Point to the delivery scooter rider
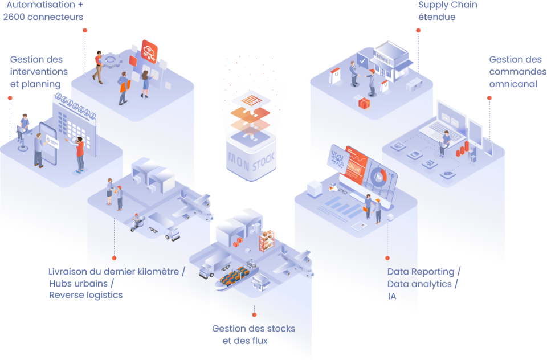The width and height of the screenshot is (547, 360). point(137,222)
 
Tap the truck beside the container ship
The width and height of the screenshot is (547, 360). point(214,265)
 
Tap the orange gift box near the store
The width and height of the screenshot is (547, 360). point(363,103)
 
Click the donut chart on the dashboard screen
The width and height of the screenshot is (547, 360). point(378,177)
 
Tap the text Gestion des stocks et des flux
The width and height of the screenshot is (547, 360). point(253,335)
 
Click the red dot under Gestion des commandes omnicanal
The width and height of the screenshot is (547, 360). point(489,97)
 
